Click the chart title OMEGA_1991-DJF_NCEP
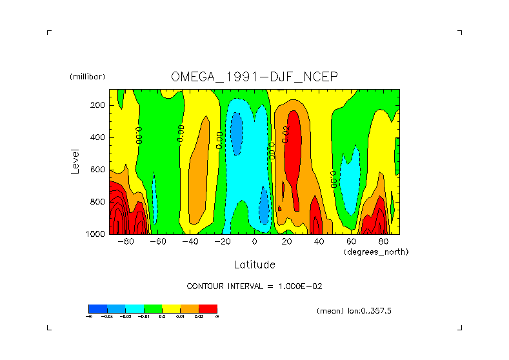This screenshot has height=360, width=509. click(x=254, y=77)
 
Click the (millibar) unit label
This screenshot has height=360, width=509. click(x=87, y=77)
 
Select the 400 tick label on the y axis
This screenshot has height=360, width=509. click(x=98, y=137)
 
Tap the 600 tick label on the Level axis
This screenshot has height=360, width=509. click(x=98, y=170)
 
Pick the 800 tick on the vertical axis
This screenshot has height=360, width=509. click(x=98, y=202)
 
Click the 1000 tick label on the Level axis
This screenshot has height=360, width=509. click(x=96, y=234)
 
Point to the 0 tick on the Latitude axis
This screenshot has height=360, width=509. click(x=255, y=242)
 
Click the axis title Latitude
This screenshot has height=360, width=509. click(x=254, y=265)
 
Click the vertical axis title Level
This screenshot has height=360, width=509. click(x=76, y=161)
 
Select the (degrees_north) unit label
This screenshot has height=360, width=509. click(x=376, y=252)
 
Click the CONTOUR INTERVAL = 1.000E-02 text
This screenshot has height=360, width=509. click(x=254, y=286)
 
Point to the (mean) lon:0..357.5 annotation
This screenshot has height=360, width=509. click(x=354, y=311)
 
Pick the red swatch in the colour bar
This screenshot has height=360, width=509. click(x=208, y=308)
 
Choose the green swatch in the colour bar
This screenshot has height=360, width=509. click(x=153, y=308)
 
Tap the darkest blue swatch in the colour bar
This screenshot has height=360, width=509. click(x=98, y=308)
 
